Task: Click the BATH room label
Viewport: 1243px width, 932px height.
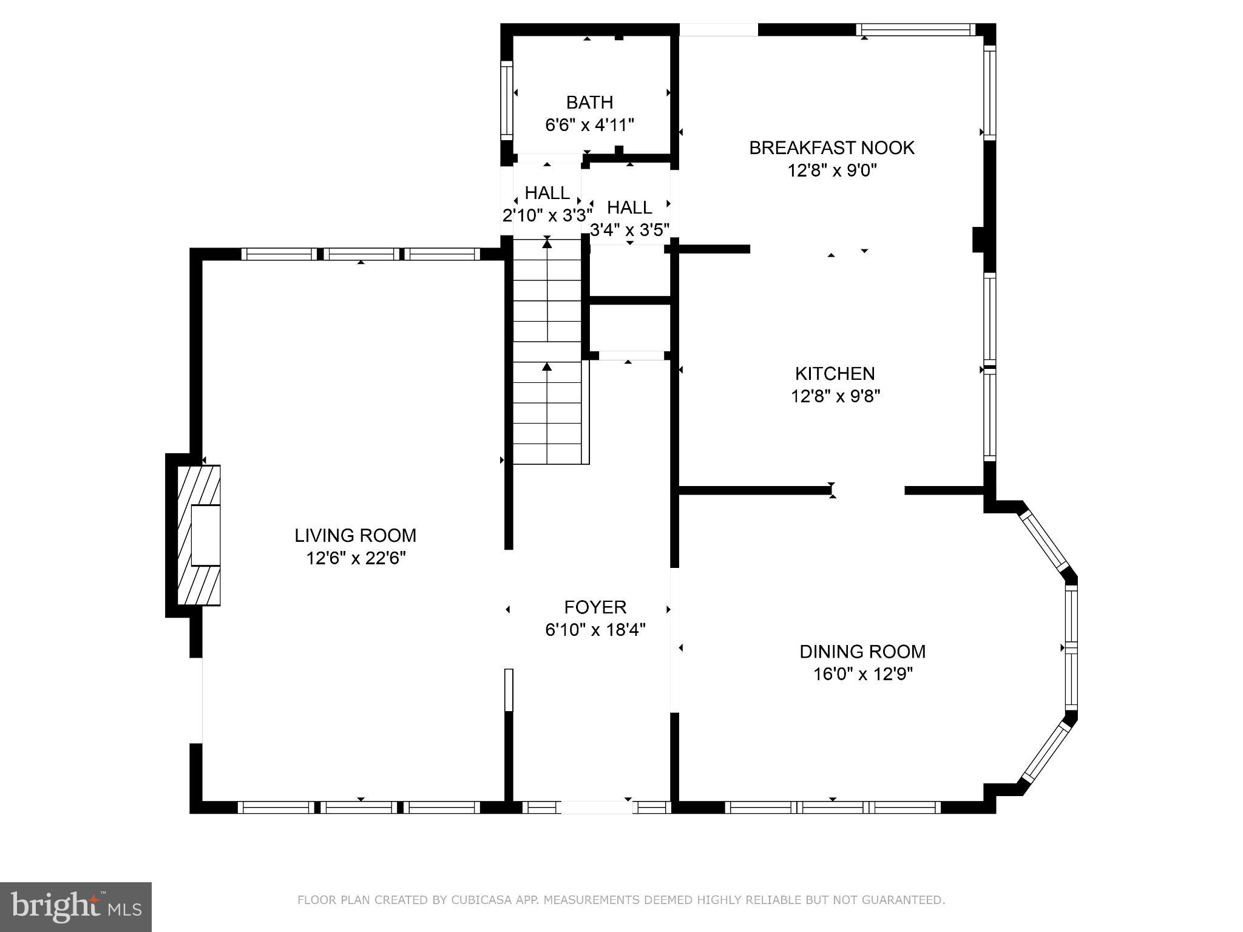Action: (589, 102)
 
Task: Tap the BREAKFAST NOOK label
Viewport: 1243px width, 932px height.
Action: (831, 147)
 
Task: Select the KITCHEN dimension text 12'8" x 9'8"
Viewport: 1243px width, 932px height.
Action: (835, 396)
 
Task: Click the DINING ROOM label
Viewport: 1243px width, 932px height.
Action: (862, 652)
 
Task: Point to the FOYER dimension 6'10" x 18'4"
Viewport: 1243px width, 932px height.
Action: (595, 630)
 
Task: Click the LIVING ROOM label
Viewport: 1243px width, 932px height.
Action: (356, 535)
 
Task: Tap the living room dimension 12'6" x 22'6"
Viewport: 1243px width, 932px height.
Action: (356, 558)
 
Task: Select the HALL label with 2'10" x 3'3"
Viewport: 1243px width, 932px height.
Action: (547, 193)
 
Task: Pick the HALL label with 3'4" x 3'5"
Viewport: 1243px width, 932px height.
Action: (629, 208)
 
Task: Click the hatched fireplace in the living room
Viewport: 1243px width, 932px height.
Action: (199, 535)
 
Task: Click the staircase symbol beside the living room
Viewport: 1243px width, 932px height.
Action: (548, 352)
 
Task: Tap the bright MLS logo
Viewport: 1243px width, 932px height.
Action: (76, 907)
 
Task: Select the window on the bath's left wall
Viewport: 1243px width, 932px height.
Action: (506, 100)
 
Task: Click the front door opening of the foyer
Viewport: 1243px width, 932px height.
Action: (596, 807)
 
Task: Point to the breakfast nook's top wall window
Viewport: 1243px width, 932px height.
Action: (916, 29)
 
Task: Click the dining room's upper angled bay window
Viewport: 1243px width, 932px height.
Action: (1044, 540)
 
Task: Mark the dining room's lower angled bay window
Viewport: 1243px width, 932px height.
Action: (1045, 752)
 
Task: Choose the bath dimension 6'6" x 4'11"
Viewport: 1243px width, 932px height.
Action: (589, 125)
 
